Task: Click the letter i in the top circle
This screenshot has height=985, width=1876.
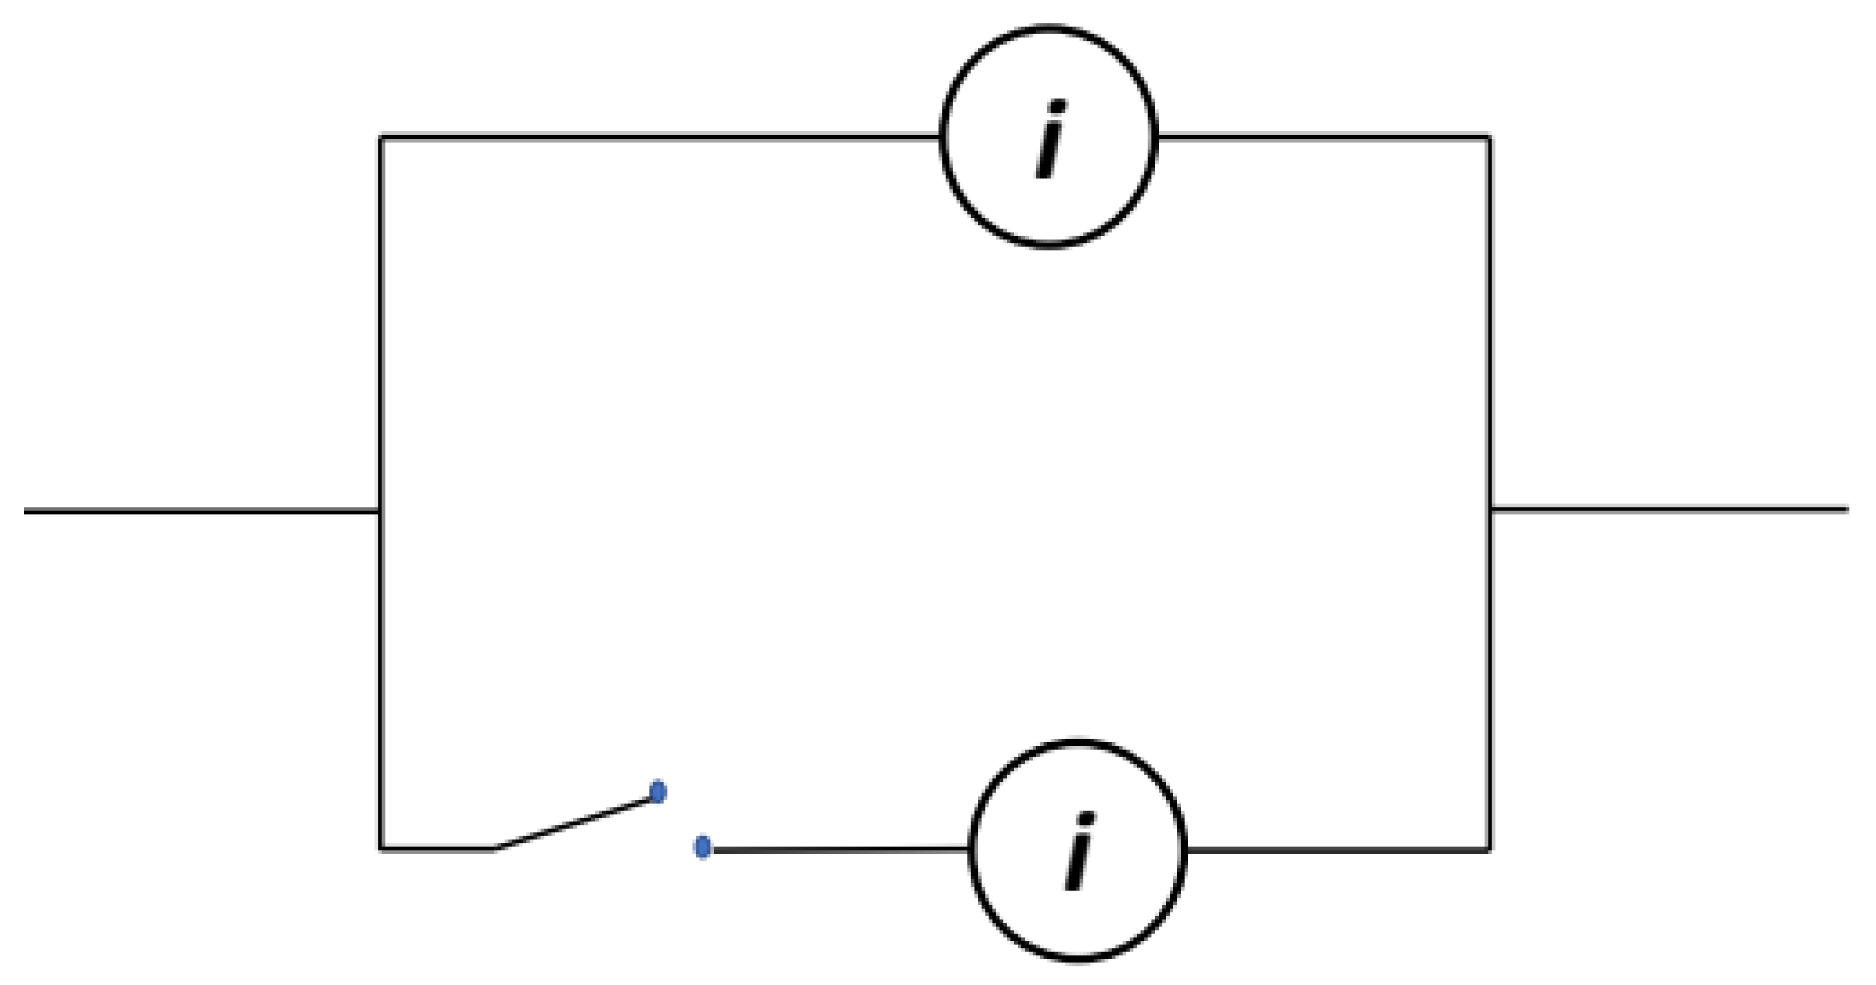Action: (x=1049, y=139)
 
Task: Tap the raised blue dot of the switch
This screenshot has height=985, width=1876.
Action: (x=658, y=791)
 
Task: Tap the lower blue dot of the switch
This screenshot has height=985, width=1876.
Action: (x=703, y=848)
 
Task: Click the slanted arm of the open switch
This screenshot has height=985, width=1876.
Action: (x=573, y=823)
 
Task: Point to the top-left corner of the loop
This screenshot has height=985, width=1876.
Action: (x=381, y=138)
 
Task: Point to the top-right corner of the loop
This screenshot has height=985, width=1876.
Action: (x=1489, y=138)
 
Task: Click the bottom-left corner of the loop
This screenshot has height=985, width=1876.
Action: (x=381, y=849)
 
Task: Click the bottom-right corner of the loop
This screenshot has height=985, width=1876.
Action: (x=1489, y=850)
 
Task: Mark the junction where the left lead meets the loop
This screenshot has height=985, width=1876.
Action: (x=381, y=512)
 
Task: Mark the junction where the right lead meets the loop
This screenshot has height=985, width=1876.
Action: (x=1489, y=509)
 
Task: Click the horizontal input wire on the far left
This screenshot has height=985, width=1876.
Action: (x=197, y=512)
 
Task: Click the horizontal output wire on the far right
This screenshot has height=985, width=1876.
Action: (x=1670, y=509)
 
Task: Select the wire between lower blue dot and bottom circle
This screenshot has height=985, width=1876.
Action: (x=839, y=850)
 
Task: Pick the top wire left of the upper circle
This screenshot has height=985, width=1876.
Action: (x=662, y=138)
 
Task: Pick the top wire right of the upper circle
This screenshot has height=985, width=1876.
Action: (x=1323, y=138)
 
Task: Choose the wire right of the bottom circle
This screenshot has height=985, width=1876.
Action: (x=1339, y=850)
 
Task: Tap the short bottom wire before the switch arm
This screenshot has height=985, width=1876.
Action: (x=437, y=849)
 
